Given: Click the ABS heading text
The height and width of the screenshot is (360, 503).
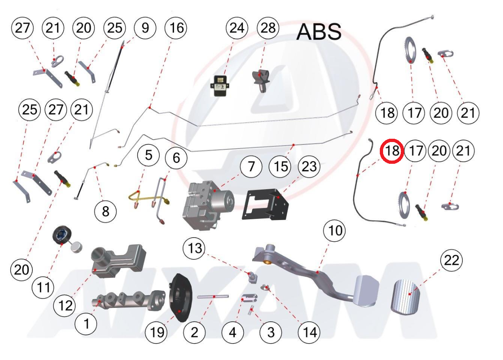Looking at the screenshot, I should [x=319, y=32].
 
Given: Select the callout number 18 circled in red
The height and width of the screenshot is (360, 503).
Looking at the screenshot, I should [x=392, y=151].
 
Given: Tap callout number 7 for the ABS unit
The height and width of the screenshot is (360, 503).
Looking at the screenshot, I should [x=251, y=167].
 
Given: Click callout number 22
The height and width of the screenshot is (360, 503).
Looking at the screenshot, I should [x=451, y=260].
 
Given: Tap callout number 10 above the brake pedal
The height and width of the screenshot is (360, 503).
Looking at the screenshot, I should [x=335, y=231].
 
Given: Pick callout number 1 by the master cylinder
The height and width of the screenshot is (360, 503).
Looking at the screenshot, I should [x=86, y=323].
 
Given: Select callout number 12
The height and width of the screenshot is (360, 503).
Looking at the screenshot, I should [x=66, y=305].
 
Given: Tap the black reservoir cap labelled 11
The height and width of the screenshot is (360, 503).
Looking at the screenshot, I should [x=62, y=237].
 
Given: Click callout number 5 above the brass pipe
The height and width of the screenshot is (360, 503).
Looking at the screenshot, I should [x=149, y=155].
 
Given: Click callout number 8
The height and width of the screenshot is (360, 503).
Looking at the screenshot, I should [x=106, y=211].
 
